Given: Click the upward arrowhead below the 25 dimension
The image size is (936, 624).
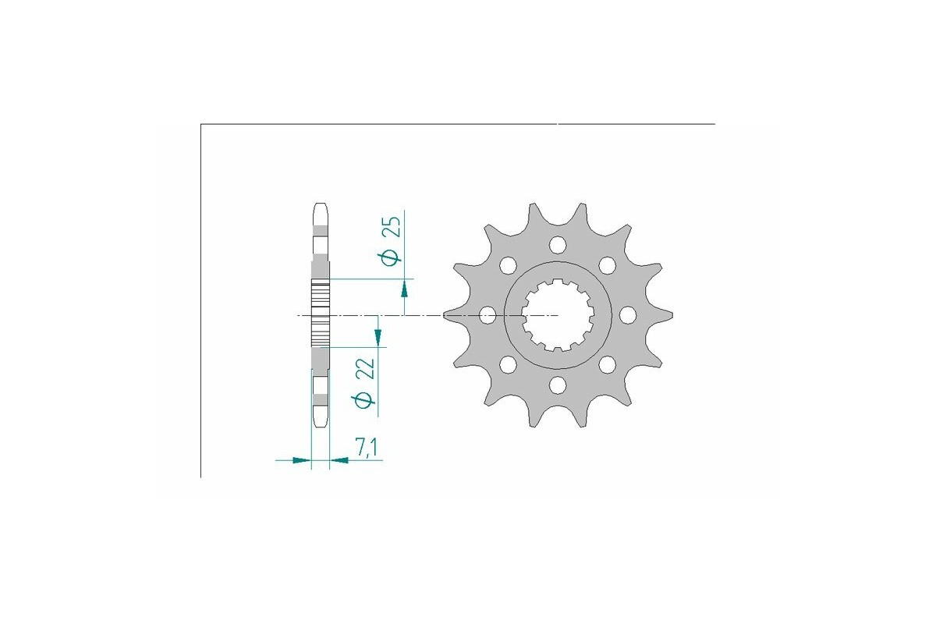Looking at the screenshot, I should (404, 290).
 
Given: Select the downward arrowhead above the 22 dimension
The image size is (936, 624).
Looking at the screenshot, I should (378, 336).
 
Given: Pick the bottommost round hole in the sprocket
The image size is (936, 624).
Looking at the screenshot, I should (557, 385).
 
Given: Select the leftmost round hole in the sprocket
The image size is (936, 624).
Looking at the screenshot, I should (488, 316).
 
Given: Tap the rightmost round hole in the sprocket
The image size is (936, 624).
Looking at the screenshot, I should (626, 315).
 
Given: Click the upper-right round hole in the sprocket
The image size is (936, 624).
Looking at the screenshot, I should (606, 266).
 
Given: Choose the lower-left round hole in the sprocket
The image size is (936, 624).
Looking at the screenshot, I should (508, 364).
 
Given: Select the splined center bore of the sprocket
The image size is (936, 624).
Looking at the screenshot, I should (558, 315).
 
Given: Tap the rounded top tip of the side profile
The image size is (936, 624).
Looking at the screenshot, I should (321, 207).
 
